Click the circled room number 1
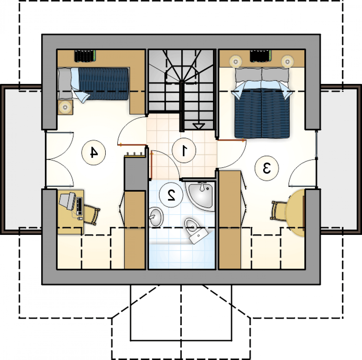click(x=184, y=151)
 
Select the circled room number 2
click(x=171, y=195)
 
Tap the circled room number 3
click(x=266, y=168)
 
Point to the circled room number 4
click(x=93, y=153)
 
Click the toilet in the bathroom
click(x=195, y=230)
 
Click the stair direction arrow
click(x=199, y=126)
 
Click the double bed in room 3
click(x=262, y=103)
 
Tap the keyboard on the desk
click(x=79, y=206)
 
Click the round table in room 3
click(x=295, y=213)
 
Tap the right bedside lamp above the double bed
click(x=287, y=61)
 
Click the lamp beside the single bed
click(x=65, y=107)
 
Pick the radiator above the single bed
click(x=85, y=56)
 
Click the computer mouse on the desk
click(x=80, y=218)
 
